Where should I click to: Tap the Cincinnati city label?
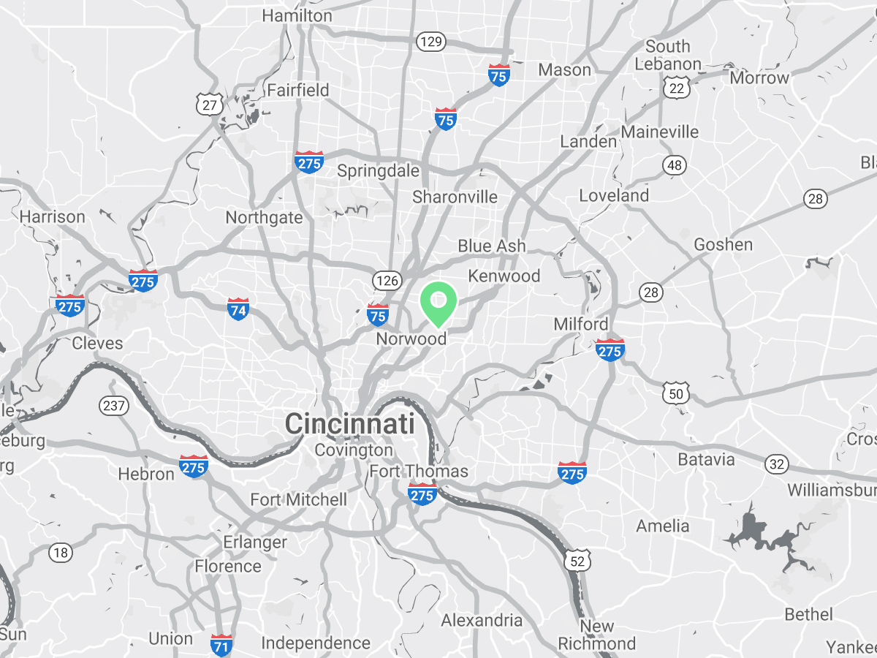click(349, 424)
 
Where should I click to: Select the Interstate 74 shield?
click(238, 309)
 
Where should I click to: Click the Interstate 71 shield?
click(222, 645)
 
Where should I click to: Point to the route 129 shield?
click(431, 41)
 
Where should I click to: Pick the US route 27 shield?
click(210, 105)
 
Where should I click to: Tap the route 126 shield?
click(386, 279)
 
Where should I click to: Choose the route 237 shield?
click(115, 406)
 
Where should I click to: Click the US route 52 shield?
click(577, 561)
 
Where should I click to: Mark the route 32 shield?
click(778, 463)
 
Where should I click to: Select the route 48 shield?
click(675, 165)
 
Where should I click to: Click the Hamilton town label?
click(297, 15)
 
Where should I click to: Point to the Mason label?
click(564, 70)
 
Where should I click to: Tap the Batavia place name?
click(706, 460)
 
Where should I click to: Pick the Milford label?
click(581, 324)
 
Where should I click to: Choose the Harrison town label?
click(53, 217)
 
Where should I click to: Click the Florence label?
click(227, 567)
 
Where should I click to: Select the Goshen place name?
click(724, 245)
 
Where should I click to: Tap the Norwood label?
click(411, 339)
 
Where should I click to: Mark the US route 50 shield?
click(675, 393)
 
